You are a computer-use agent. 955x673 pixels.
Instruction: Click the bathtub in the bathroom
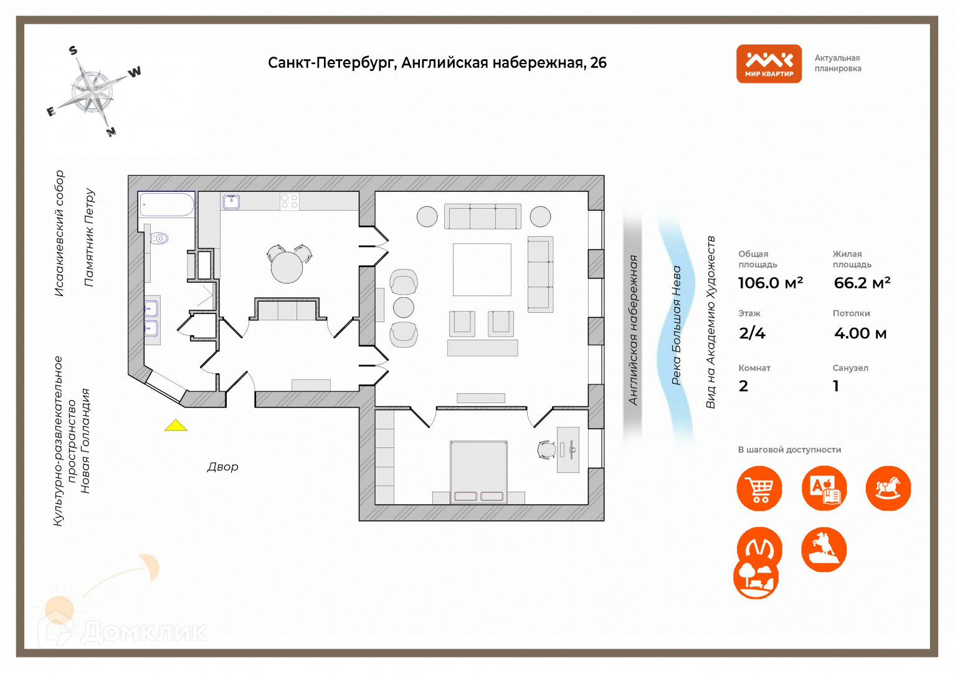(x=167, y=204)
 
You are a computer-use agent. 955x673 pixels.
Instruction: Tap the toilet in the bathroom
(x=160, y=238)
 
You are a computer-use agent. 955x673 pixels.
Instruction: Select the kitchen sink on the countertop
(x=232, y=201)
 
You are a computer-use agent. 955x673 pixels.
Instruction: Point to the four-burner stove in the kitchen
(x=290, y=201)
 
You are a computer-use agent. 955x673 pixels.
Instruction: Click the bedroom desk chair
(x=546, y=449)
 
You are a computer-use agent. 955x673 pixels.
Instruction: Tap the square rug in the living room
(x=482, y=269)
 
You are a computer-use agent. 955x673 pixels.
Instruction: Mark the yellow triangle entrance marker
(x=176, y=426)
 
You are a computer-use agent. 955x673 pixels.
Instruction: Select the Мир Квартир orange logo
(x=769, y=64)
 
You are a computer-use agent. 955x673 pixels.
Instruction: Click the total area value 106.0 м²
(x=771, y=283)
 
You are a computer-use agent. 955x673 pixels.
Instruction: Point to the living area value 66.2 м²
(x=862, y=283)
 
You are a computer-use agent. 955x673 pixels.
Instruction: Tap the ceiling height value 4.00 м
(x=860, y=333)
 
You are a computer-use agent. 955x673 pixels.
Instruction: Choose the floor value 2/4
(x=752, y=333)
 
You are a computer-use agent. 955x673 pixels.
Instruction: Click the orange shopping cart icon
(x=759, y=489)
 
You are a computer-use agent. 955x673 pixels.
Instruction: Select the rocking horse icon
(x=888, y=489)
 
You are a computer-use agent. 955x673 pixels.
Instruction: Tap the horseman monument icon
(x=824, y=549)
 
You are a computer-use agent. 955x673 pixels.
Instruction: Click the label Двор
(x=222, y=467)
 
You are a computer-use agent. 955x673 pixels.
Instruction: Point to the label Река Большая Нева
(x=677, y=325)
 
